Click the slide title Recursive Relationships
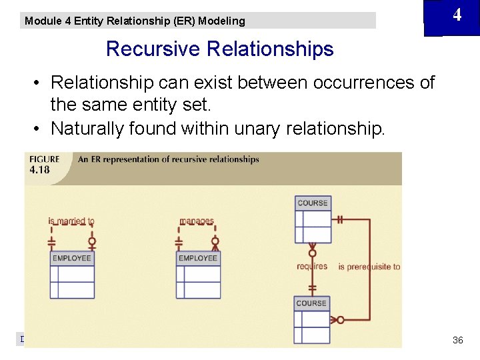tap(219, 49)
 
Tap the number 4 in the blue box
tap(457, 15)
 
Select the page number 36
tap(457, 340)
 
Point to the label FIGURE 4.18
tap(44, 164)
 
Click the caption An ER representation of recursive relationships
tap(169, 159)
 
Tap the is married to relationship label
tap(71, 221)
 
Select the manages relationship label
tap(197, 221)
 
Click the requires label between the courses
tap(312, 266)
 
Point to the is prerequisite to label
tap(369, 267)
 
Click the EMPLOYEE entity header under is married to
tap(72, 258)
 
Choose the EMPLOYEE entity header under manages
tap(198, 258)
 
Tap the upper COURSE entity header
tap(313, 203)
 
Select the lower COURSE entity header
tap(311, 303)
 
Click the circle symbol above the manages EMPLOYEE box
tap(215, 241)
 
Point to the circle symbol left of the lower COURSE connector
tap(341, 320)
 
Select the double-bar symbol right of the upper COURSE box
tap(339, 219)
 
